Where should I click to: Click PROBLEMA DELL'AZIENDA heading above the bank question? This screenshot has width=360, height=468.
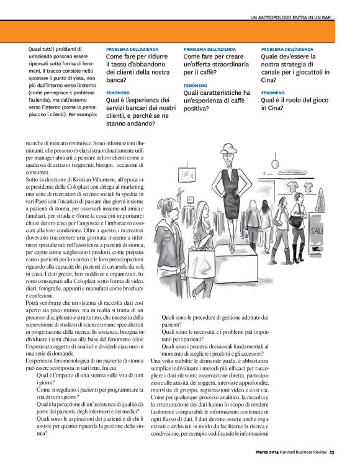(x=132, y=48)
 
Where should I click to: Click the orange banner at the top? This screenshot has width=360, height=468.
(x=180, y=30)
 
